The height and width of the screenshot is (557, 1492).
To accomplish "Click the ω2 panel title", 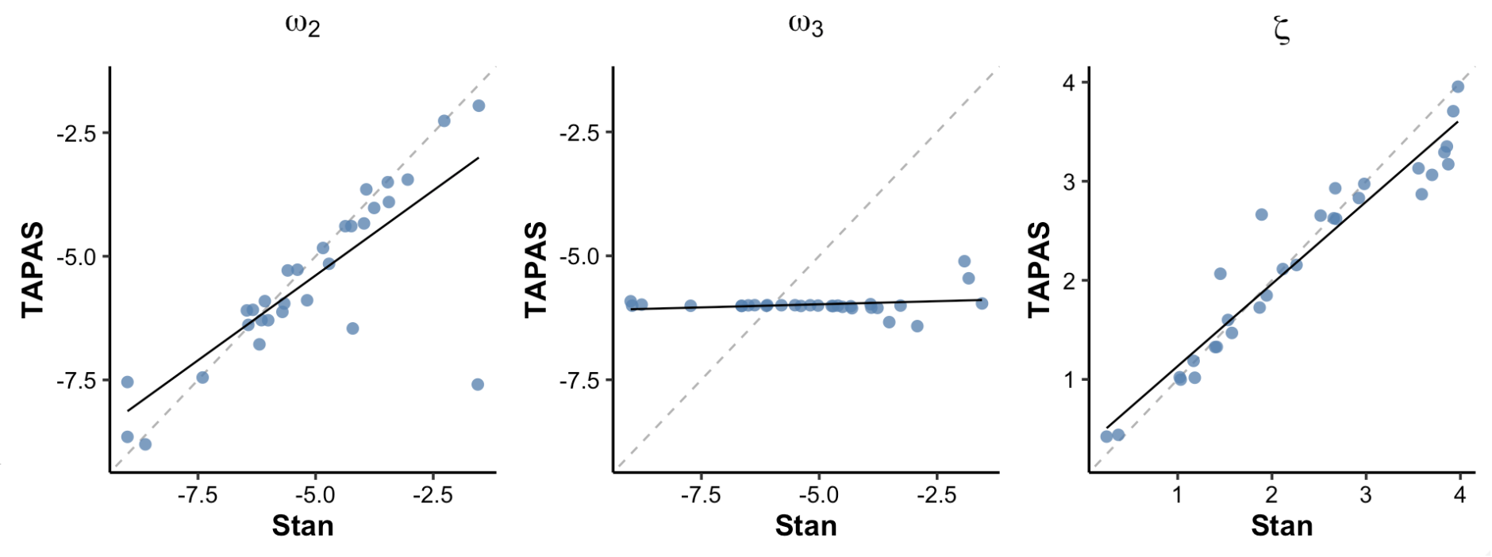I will [x=302, y=25].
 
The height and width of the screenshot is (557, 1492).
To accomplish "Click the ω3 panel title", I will [x=806, y=25].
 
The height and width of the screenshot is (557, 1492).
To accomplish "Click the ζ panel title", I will [x=1281, y=30].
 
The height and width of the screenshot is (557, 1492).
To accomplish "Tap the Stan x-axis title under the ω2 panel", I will [x=302, y=525].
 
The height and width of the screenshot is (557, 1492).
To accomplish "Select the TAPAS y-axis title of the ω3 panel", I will [x=536, y=270].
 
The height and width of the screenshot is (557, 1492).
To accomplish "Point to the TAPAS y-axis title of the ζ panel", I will [x=1039, y=270].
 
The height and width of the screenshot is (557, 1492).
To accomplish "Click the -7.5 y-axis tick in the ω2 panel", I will [x=76, y=382].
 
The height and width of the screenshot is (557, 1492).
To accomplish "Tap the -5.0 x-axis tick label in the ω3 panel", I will [x=818, y=496].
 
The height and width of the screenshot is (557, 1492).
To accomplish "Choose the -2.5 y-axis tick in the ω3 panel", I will [x=579, y=133].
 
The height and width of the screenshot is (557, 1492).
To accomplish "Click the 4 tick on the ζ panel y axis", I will [x=1069, y=83].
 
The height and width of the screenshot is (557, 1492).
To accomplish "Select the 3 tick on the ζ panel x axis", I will [x=1366, y=496].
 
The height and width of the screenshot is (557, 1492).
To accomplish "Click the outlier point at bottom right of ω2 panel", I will [x=478, y=385].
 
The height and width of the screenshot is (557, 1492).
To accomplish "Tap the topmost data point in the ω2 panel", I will [x=479, y=106].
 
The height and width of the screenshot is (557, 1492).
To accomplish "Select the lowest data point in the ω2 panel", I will [x=145, y=444].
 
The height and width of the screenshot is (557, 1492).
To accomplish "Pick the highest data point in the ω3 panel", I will [x=964, y=261].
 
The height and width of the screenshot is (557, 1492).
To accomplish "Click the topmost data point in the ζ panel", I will [x=1458, y=86].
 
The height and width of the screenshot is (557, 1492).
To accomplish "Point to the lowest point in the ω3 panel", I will [x=917, y=326].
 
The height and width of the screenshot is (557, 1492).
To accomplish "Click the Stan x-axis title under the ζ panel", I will [x=1282, y=525].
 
